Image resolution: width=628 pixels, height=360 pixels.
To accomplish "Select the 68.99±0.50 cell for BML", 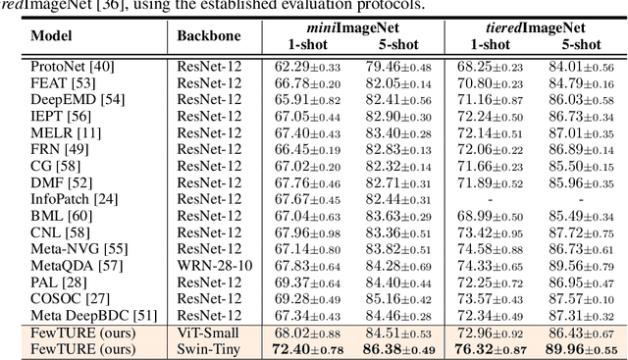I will pyautogui.click(x=485, y=215).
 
